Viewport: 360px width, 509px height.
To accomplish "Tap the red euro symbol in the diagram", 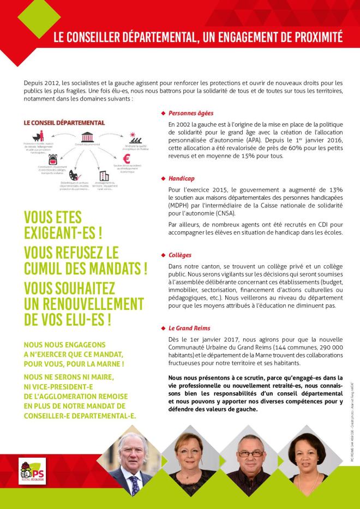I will pos(126,159).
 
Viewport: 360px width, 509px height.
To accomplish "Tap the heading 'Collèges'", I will pos(180,255).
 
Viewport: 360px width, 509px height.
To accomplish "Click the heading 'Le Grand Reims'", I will pos(189,328).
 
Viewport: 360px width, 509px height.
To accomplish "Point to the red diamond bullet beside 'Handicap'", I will pos(163,178).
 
